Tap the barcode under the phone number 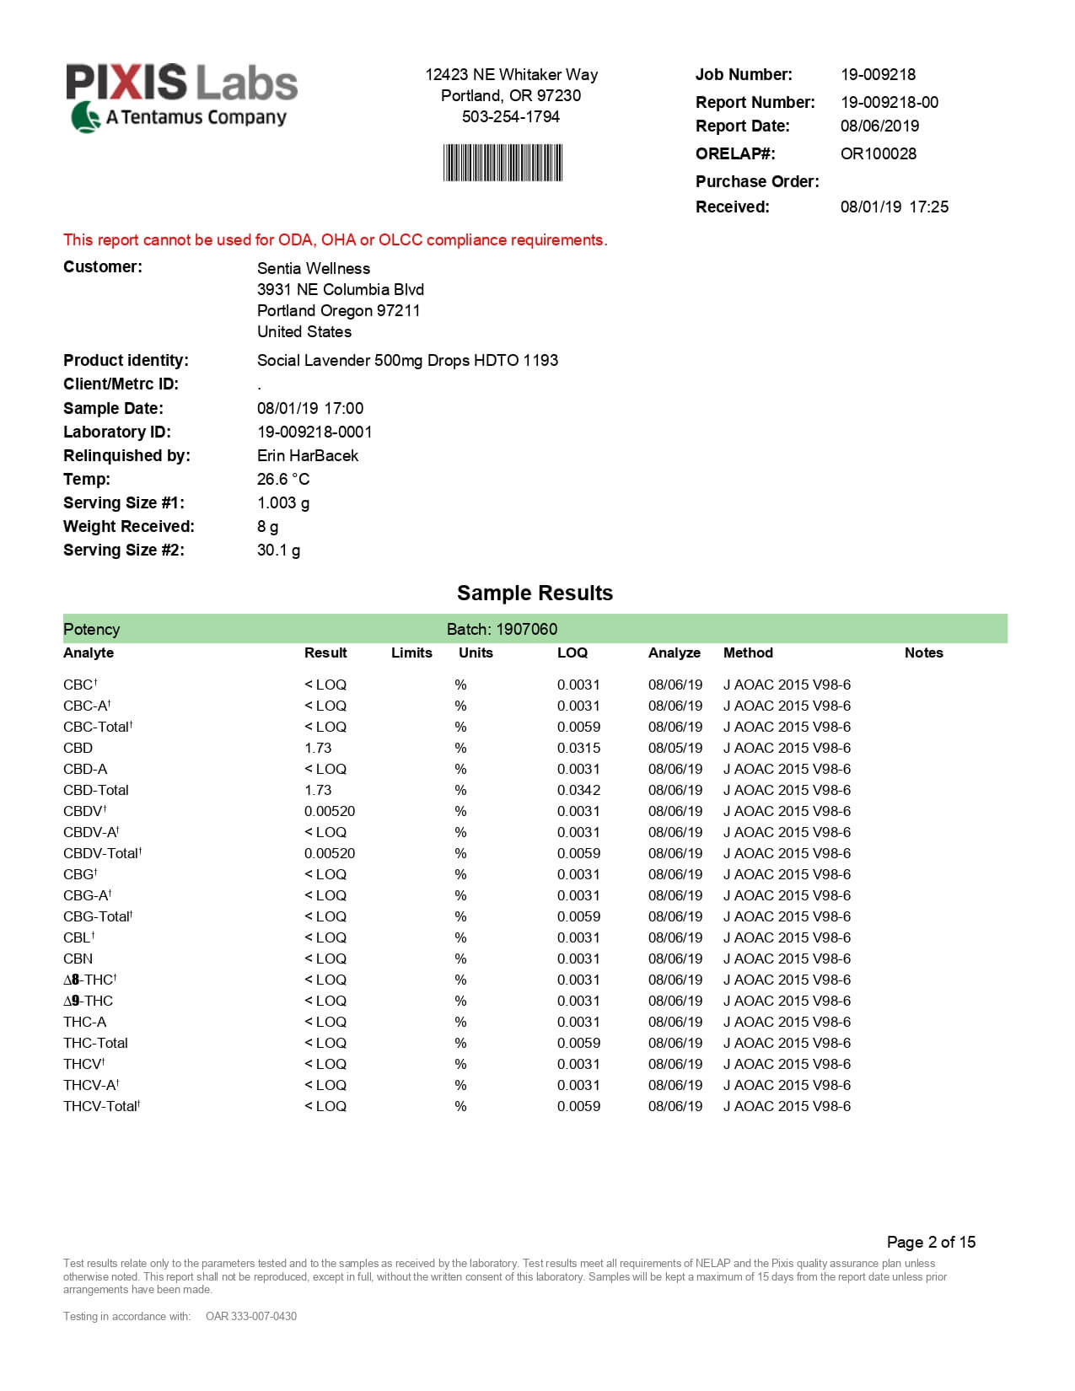click(503, 163)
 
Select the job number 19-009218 click(878, 74)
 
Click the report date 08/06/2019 click(879, 126)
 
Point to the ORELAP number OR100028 click(878, 153)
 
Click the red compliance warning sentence click(335, 240)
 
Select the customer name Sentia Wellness click(313, 268)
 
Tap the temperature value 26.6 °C click(282, 479)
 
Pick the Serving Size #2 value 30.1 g click(278, 550)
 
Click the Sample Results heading click(535, 593)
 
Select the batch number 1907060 click(526, 629)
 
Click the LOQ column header click(572, 653)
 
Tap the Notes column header click(923, 653)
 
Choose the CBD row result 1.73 click(318, 748)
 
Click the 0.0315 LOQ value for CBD click(578, 748)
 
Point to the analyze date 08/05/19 click(675, 748)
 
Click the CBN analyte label click(78, 959)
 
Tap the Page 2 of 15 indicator click(931, 1242)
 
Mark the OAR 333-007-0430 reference click(251, 1316)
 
